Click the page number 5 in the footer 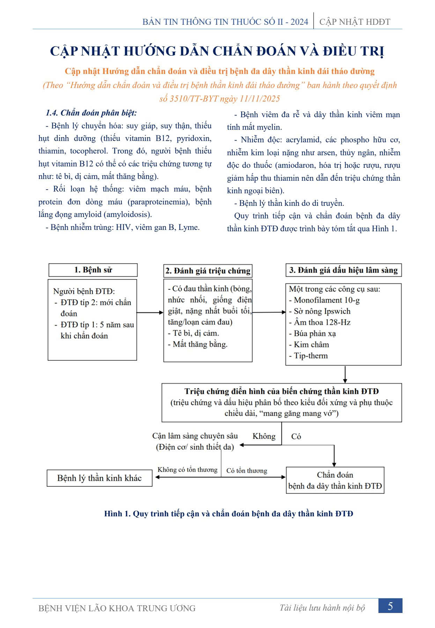[x=390, y=606]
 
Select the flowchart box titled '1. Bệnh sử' [x=93, y=270]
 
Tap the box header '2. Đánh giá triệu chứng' [x=208, y=271]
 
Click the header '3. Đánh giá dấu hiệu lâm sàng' [x=344, y=270]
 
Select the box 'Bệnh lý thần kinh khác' [x=99, y=478]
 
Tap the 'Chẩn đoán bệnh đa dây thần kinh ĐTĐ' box [x=335, y=480]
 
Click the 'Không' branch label [x=264, y=436]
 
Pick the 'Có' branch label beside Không [x=296, y=436]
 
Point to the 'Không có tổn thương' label [x=187, y=470]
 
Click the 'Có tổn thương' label [x=247, y=471]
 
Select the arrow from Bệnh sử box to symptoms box [x=150, y=313]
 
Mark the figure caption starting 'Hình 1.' [x=229, y=514]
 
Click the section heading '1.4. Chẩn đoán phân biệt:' [x=91, y=113]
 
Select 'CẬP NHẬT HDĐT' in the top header [x=355, y=22]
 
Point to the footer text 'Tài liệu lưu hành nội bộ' [x=322, y=608]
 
